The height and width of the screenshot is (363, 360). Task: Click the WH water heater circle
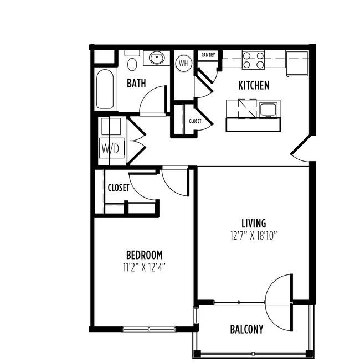click(184, 63)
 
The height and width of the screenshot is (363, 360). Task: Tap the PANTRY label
click(208, 55)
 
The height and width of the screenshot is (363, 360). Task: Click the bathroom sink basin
click(157, 58)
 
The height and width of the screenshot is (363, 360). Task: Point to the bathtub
click(105, 89)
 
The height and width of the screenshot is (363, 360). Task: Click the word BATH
click(136, 84)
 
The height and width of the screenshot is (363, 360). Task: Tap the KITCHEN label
click(254, 85)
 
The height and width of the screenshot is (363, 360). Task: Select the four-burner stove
click(253, 60)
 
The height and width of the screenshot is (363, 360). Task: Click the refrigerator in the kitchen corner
click(297, 64)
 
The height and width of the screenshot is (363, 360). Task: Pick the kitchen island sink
click(268, 110)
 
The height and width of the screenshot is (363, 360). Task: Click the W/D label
click(111, 148)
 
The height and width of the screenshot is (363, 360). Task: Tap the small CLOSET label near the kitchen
click(195, 121)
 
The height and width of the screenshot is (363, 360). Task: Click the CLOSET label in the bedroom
click(119, 188)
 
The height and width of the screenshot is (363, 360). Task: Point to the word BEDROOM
click(144, 255)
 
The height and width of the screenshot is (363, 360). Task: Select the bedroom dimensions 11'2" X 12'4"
click(144, 267)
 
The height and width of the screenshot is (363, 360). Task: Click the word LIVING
click(254, 224)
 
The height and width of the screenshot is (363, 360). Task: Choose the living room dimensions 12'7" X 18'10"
click(254, 236)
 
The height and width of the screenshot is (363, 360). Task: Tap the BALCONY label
click(246, 329)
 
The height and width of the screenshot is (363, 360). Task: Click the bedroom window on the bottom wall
click(149, 329)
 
